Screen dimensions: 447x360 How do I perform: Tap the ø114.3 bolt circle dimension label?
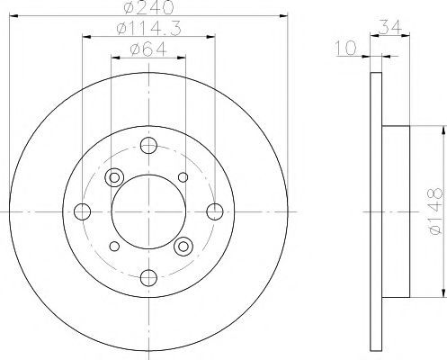[149, 29]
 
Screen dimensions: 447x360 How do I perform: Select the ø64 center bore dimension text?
[148, 49]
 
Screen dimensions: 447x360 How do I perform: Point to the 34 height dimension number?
[390, 27]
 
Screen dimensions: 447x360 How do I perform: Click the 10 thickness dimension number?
[345, 48]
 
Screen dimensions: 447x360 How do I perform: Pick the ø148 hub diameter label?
[435, 211]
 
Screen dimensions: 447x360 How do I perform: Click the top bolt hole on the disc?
[148, 145]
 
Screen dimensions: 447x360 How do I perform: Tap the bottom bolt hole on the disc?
[148, 278]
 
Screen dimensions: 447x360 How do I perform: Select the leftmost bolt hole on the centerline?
[82, 211]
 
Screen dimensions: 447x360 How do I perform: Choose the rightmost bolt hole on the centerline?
[215, 211]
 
